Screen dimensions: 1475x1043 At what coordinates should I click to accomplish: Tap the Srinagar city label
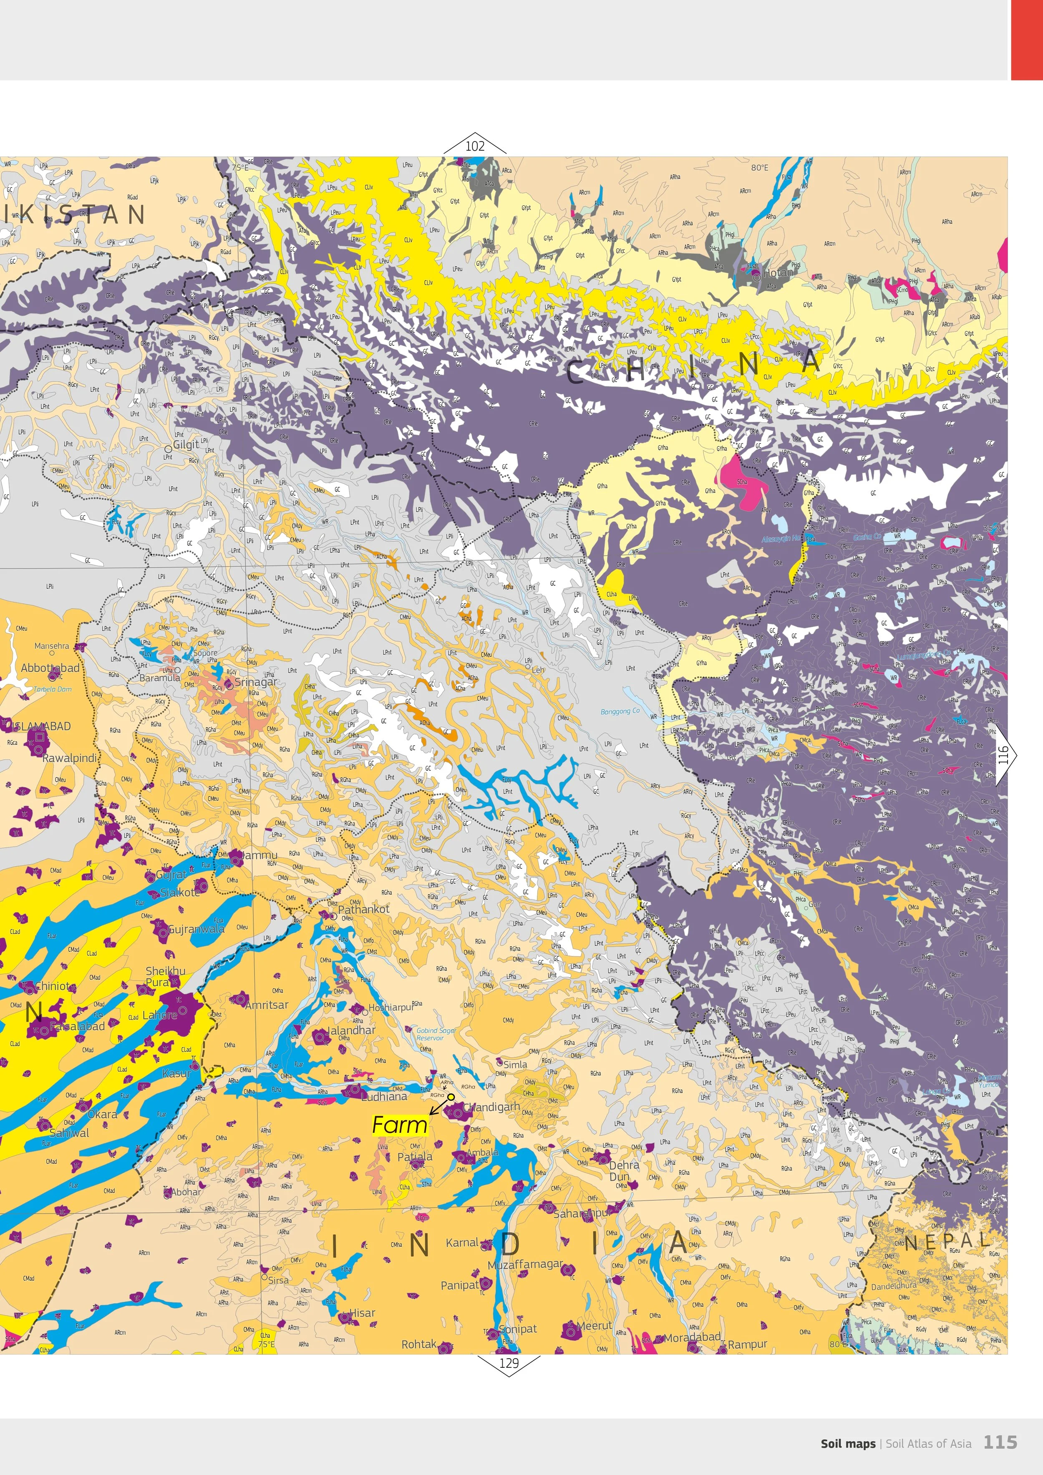(x=256, y=682)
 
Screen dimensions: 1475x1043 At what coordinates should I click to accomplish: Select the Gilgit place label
(x=186, y=444)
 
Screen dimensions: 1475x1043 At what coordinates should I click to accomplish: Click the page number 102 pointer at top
(x=475, y=146)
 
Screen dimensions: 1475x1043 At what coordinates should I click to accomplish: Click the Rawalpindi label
(x=69, y=758)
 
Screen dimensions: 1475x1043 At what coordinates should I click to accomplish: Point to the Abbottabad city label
(x=50, y=668)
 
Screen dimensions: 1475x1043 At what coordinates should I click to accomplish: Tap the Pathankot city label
(x=363, y=909)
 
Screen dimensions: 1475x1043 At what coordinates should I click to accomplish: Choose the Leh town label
(x=537, y=670)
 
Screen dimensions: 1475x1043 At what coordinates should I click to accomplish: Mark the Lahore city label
(x=159, y=1015)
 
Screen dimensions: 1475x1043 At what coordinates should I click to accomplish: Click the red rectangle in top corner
(x=1026, y=40)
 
